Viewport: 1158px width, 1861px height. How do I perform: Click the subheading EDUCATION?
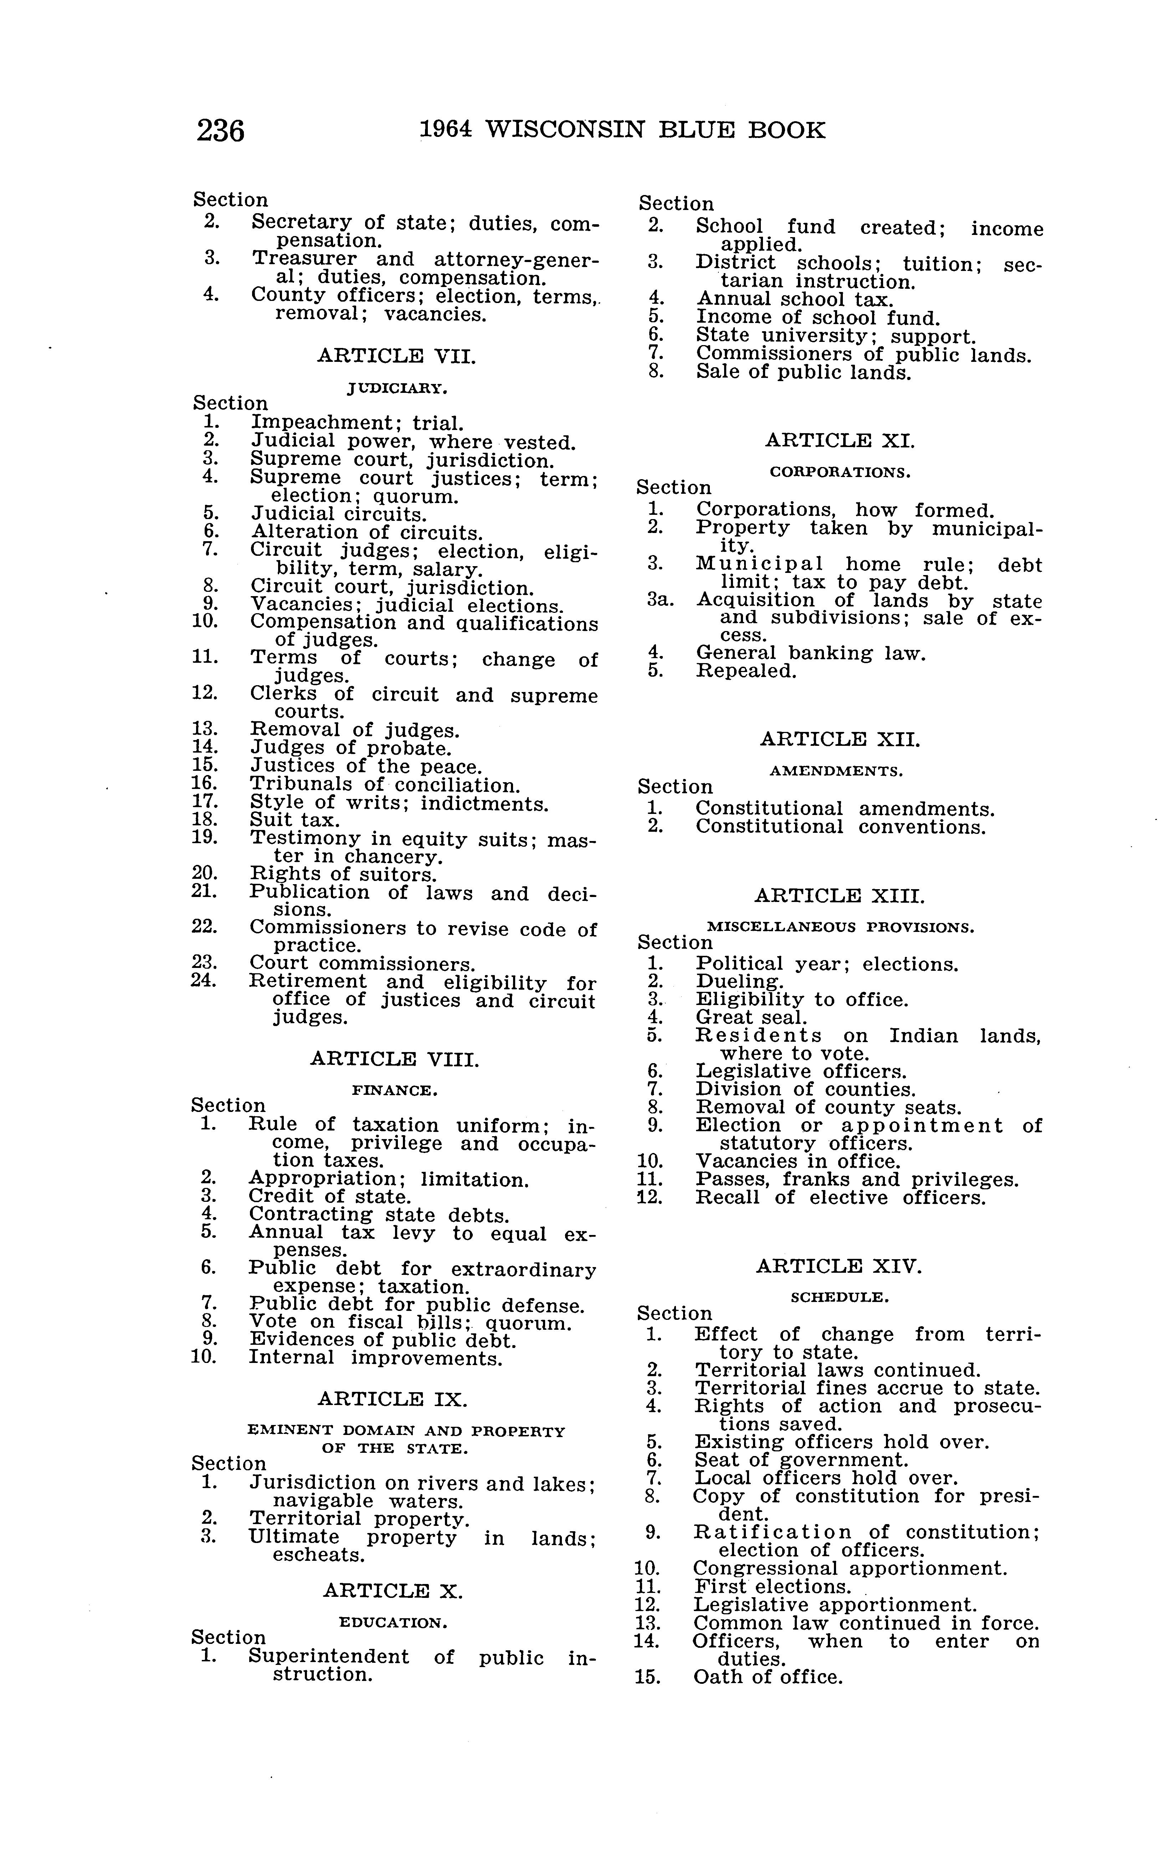tap(393, 1623)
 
